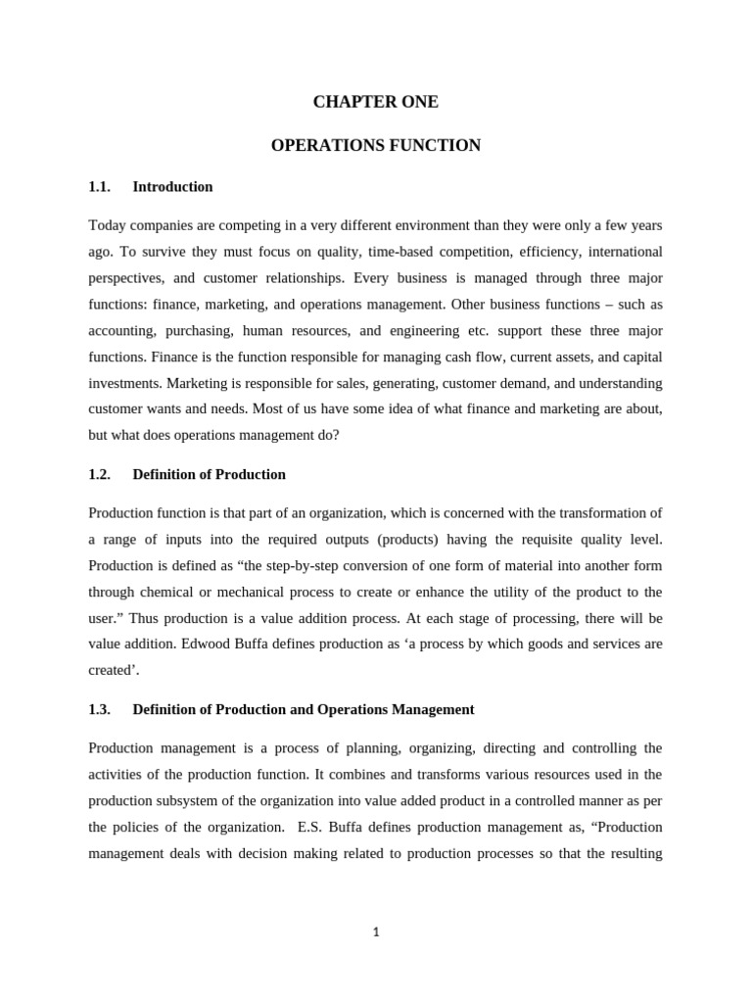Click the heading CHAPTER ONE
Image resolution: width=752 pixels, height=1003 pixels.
[x=376, y=102]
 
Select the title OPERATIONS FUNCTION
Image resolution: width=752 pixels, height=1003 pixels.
[x=376, y=146]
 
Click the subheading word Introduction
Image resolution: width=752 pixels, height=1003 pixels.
[x=172, y=186]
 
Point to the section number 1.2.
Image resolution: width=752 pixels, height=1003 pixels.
[x=99, y=474]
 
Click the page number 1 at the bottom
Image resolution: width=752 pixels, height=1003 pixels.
[x=376, y=931]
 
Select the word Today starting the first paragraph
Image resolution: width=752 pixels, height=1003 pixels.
[x=107, y=225]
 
